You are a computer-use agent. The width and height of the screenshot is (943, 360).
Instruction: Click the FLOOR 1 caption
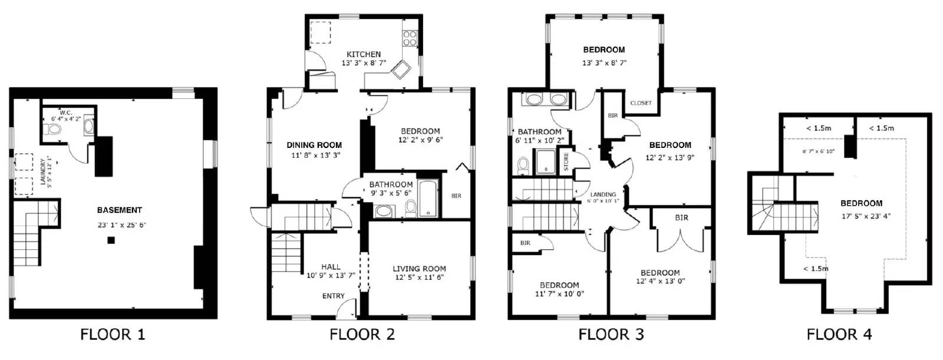(x=113, y=335)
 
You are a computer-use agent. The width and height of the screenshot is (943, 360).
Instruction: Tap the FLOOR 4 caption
(x=839, y=335)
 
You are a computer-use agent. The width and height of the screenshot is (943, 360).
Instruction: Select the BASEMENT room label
(x=120, y=210)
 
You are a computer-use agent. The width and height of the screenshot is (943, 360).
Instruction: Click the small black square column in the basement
(x=111, y=240)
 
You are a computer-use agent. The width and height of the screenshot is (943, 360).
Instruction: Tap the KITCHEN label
(x=363, y=54)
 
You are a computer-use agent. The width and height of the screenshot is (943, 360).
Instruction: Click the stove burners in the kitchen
(x=409, y=38)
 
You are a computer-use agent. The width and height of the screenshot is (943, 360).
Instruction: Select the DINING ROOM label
(x=314, y=145)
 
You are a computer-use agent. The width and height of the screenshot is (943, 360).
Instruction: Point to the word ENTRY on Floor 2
(x=333, y=296)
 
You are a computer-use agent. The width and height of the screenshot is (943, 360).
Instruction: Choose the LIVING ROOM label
(x=419, y=269)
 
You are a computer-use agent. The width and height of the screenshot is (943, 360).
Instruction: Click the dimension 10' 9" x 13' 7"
(x=331, y=275)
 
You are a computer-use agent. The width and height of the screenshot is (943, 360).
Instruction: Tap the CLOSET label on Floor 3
(x=641, y=103)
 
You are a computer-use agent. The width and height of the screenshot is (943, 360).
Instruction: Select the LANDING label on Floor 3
(x=603, y=194)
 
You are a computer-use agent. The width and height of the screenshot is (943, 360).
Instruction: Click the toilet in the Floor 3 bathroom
(x=522, y=166)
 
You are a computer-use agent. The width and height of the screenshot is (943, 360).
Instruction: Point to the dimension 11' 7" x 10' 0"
(x=559, y=293)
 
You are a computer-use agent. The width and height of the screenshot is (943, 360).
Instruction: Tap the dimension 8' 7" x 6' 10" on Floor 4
(x=818, y=151)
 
